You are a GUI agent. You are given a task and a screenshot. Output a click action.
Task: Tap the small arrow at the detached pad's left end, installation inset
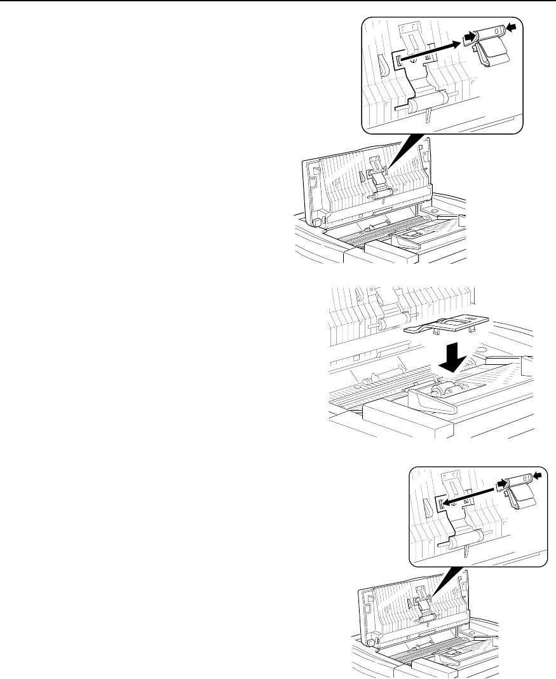(x=501, y=483)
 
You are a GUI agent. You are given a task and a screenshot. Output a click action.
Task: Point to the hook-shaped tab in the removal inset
(x=383, y=64)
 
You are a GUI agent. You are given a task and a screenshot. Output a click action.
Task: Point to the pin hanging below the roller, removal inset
(x=430, y=116)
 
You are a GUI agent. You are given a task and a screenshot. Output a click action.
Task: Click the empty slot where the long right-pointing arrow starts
(x=399, y=61)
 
